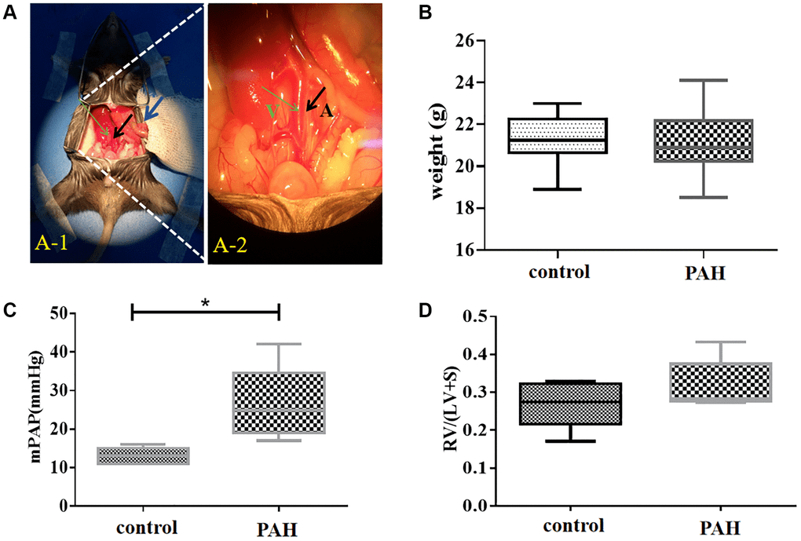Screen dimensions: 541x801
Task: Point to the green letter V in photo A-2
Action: point(272,111)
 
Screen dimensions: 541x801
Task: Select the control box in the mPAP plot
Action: point(132,456)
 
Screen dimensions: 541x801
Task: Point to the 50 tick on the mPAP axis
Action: point(58,314)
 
